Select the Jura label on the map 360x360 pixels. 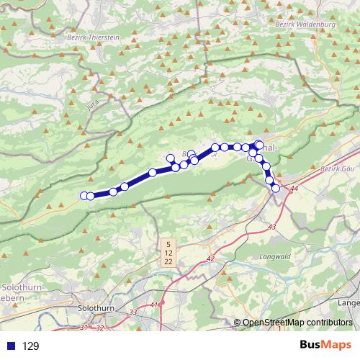(93, 105)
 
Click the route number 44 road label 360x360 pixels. (293, 189)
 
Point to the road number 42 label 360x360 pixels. (210, 258)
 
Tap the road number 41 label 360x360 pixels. (155, 305)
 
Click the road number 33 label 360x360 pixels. (132, 312)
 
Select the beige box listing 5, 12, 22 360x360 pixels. (168, 253)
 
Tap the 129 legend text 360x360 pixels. (30, 346)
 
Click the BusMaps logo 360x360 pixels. (325, 345)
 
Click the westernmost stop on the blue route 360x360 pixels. (84, 195)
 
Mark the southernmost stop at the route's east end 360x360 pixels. (276, 189)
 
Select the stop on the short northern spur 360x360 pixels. (170, 158)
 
